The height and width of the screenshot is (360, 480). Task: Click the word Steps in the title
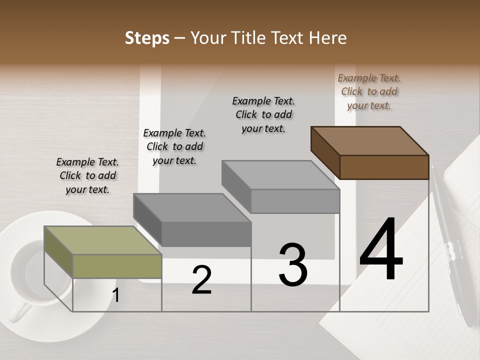click(x=147, y=38)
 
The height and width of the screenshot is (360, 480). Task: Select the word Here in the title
click(x=328, y=38)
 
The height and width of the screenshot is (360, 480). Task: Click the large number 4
click(x=381, y=249)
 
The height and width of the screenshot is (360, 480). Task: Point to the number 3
click(x=292, y=265)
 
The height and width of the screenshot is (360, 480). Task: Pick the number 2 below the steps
click(x=201, y=280)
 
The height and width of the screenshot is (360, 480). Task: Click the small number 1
click(x=116, y=295)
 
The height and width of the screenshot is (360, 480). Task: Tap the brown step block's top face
click(x=370, y=140)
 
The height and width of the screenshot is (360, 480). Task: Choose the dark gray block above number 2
click(x=192, y=207)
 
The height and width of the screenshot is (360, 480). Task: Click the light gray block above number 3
click(x=280, y=174)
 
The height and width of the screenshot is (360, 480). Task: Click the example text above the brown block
click(x=369, y=91)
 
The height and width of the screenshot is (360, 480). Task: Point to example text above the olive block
click(x=87, y=175)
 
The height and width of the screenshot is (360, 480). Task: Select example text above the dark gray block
click(x=174, y=146)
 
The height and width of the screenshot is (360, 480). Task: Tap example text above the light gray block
click(x=263, y=114)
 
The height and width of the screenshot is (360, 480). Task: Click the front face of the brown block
click(x=384, y=167)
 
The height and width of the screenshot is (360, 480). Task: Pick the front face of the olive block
click(x=117, y=266)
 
